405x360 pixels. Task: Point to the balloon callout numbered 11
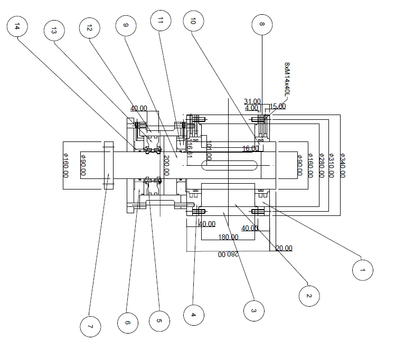(x=161, y=21)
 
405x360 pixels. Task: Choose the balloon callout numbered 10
(x=193, y=21)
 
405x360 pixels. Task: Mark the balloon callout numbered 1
(x=362, y=270)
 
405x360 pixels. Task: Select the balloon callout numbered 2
(x=308, y=296)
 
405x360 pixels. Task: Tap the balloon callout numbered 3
(x=254, y=310)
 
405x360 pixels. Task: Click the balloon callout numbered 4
(x=193, y=315)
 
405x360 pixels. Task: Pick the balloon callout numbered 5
(x=159, y=320)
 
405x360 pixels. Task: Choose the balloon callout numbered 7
(x=90, y=327)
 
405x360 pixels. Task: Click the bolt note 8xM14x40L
(x=287, y=79)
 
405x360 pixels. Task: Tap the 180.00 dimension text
(x=228, y=237)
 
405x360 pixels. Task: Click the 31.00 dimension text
(x=252, y=101)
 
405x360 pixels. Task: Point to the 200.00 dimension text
(x=166, y=165)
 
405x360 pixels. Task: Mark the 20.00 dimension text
(x=284, y=248)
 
